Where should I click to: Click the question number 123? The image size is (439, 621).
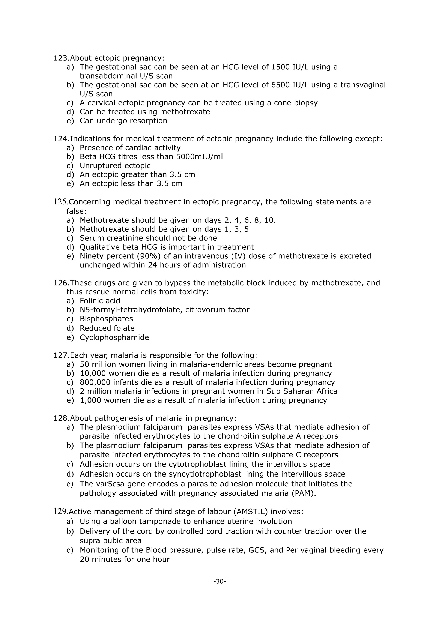61,58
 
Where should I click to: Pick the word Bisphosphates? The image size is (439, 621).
106,319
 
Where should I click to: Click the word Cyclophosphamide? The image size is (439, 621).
114,337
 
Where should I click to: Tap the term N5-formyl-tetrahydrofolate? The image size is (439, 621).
131,310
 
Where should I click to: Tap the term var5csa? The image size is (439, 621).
113,484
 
